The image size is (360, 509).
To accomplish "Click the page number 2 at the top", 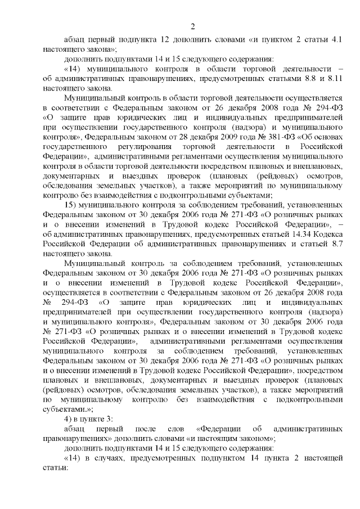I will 192,26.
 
